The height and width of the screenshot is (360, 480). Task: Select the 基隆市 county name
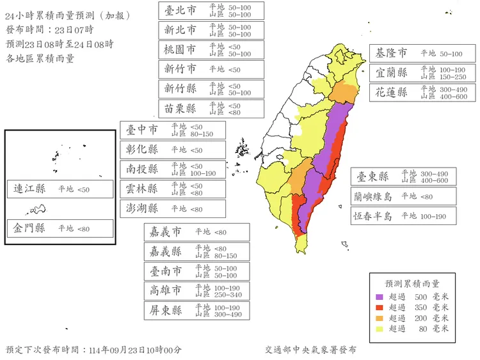391,53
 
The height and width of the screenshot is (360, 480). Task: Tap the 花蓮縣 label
392,92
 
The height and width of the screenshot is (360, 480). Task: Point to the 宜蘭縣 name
392,73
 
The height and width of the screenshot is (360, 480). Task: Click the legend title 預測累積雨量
412,283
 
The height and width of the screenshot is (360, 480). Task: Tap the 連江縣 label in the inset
29,189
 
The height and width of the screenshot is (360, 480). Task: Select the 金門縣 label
29,228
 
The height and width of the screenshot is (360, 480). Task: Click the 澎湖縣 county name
142,208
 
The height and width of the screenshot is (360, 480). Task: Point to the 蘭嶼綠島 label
372,196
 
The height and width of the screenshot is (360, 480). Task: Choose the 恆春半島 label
372,216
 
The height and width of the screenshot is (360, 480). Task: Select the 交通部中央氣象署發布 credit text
310,350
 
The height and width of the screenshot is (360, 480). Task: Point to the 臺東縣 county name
373,176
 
